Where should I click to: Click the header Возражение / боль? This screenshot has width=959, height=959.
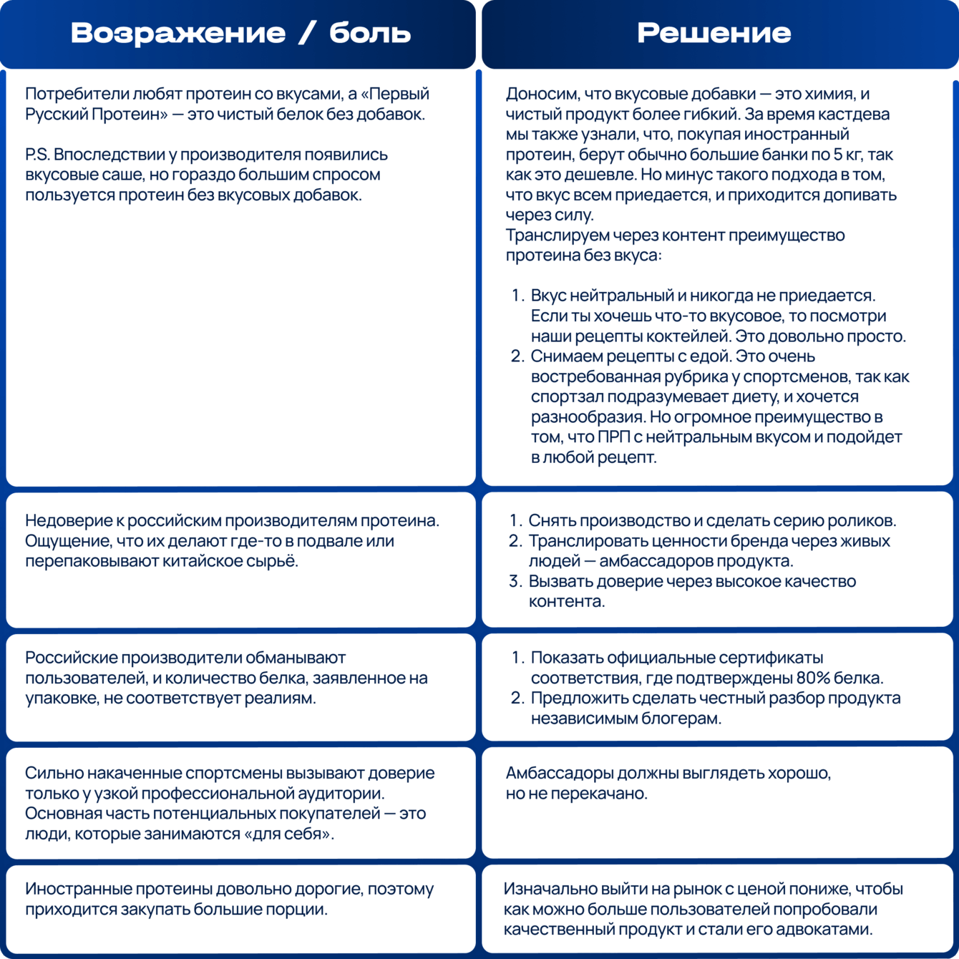(x=240, y=33)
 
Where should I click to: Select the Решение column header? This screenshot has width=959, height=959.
(x=714, y=33)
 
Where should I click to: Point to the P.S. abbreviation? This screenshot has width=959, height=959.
(x=36, y=155)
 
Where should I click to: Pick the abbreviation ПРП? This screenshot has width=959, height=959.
(x=613, y=437)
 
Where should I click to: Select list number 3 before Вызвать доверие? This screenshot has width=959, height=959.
(x=515, y=581)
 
